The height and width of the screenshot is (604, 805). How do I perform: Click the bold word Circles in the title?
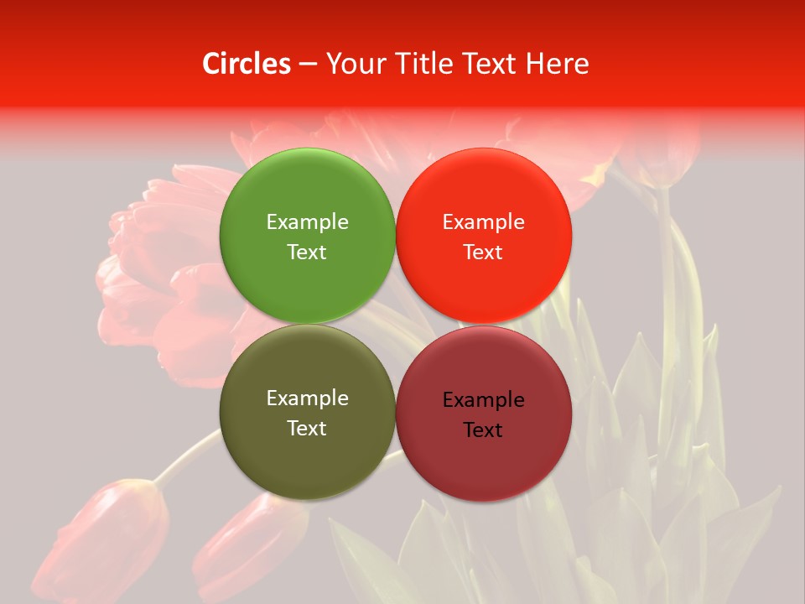point(247,63)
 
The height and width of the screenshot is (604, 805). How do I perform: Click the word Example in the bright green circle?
point(307,221)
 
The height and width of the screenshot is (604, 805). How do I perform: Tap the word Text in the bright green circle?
point(307,252)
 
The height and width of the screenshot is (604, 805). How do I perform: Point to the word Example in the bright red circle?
point(484,221)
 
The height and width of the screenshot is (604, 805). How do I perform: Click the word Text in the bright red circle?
point(484,252)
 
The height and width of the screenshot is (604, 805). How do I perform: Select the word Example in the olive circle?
point(307,398)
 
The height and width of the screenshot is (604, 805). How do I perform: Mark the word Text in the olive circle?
point(307,428)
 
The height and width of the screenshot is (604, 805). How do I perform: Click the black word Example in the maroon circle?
point(484,399)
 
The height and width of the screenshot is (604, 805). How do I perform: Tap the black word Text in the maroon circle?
point(484,430)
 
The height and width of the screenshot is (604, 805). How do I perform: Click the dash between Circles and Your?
point(308,65)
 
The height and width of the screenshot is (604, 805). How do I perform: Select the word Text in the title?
point(491,63)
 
